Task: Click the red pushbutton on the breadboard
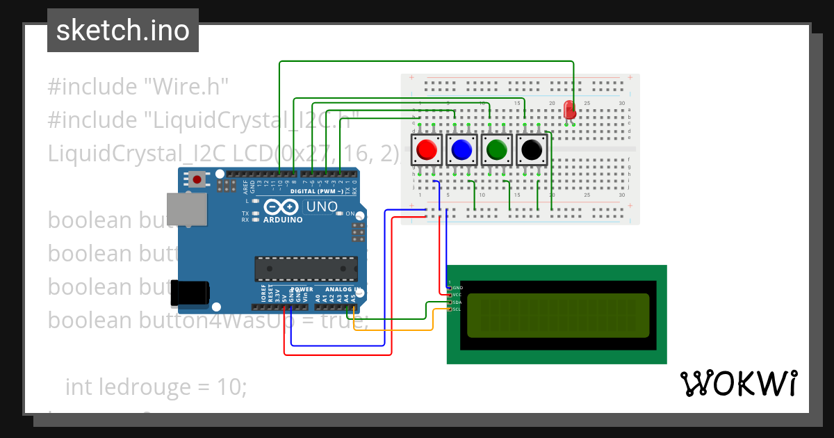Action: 426,149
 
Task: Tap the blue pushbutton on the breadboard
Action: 461,149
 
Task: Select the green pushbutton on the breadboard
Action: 496,149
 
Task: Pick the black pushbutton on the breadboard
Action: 532,149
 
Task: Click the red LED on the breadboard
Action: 570,110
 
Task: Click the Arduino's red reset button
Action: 197,180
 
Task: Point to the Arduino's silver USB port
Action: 186,209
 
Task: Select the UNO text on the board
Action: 322,206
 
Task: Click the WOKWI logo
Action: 737,384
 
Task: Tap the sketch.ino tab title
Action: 122,31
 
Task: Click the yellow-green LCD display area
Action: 558,315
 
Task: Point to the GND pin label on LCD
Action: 457,287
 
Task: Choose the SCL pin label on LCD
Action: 457,309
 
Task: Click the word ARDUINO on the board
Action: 283,220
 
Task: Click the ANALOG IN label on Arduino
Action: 338,289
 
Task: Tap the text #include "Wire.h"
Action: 138,87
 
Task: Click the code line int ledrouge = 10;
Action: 156,387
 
